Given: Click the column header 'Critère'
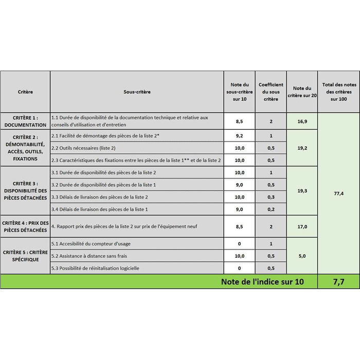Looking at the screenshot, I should tap(25, 92).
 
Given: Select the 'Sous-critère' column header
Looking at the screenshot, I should tap(137, 92).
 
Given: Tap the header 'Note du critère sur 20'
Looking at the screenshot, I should tap(302, 92).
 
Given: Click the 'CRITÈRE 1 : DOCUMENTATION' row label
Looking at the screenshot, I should tap(25, 121).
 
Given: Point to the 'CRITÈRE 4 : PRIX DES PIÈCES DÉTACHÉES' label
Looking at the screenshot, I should tap(25, 226).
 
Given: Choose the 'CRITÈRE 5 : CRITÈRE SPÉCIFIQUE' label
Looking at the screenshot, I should tap(25, 256).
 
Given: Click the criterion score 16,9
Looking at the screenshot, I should tap(302, 121).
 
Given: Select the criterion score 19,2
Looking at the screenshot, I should tap(302, 148).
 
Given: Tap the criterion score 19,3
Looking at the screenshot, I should tap(302, 191).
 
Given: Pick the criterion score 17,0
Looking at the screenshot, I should tap(302, 226).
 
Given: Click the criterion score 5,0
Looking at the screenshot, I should tap(302, 256).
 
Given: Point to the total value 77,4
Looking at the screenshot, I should tap(338, 193).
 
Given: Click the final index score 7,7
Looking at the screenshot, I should tap(338, 282).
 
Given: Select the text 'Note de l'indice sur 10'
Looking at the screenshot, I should tap(262, 282).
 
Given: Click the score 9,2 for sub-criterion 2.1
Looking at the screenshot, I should tap(239, 136).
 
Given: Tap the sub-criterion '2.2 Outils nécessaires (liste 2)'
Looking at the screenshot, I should tap(84, 148).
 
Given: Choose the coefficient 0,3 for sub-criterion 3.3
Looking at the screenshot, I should tap(271, 197).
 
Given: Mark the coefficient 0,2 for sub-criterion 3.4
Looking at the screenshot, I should tap(271, 209).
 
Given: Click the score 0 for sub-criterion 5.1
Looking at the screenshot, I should tap(239, 243).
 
